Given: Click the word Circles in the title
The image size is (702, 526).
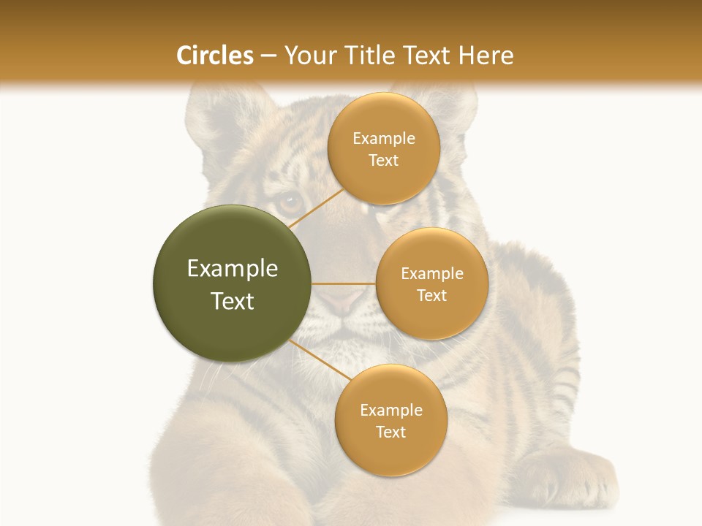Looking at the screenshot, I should tap(214, 56).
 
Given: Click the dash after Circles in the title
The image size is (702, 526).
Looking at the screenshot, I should tap(268, 56).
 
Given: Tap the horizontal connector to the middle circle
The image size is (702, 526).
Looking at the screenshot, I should tap(344, 283).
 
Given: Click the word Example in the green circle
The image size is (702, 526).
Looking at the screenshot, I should tap(233, 269).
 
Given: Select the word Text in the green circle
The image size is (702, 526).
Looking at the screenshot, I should tap(233, 301).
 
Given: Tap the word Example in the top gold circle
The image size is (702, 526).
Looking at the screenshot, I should tap(384, 139).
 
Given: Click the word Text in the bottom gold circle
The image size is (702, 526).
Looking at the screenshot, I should tap(390, 432).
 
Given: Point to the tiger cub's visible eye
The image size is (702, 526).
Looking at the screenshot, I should tap(290, 200).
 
